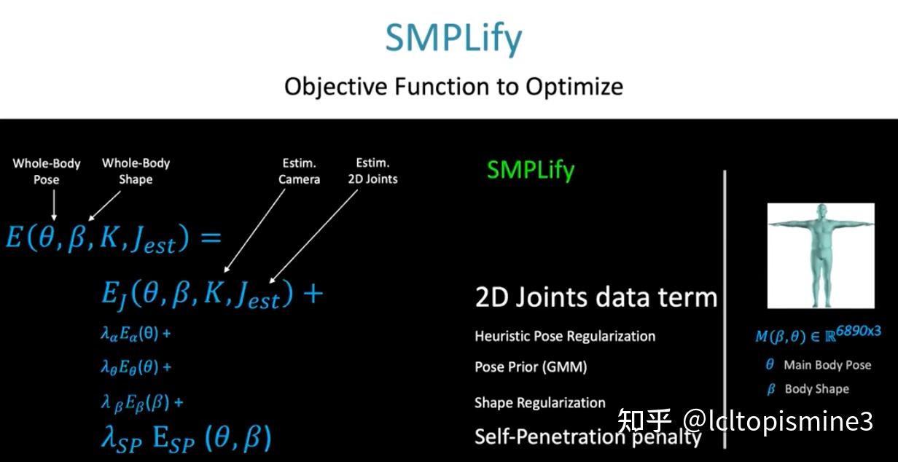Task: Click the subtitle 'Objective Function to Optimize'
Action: (x=453, y=87)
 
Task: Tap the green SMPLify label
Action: (x=531, y=170)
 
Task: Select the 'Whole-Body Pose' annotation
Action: (x=47, y=171)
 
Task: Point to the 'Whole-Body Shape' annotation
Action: (x=136, y=171)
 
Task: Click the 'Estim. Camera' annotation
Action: (x=300, y=171)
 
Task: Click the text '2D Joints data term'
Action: (x=596, y=297)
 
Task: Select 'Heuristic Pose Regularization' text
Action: (x=565, y=336)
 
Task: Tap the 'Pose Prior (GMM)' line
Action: (x=531, y=367)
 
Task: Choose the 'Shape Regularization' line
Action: (x=539, y=403)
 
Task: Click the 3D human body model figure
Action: (x=819, y=254)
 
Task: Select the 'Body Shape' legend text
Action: (x=816, y=389)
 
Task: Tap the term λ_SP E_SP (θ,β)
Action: (x=186, y=438)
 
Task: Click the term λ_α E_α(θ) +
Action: (x=135, y=334)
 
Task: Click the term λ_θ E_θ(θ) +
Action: (x=136, y=368)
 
